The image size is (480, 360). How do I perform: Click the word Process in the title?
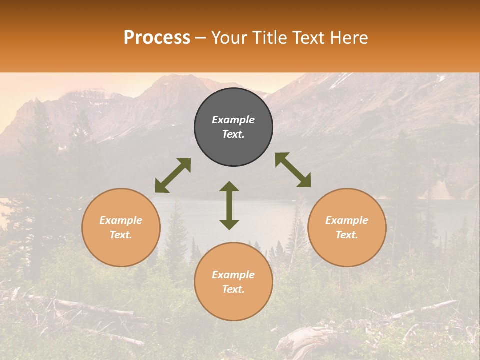click(x=157, y=38)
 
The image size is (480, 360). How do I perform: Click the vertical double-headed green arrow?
click(x=229, y=205)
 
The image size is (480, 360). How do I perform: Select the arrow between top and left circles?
click(x=173, y=175)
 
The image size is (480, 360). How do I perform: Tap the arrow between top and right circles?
click(x=293, y=170)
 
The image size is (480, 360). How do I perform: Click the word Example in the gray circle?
click(x=233, y=120)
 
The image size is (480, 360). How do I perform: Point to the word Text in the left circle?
click(x=121, y=235)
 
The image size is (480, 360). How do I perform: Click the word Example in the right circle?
click(x=347, y=220)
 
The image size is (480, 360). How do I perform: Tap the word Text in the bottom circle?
click(x=233, y=289)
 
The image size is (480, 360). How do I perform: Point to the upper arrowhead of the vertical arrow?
click(x=229, y=187)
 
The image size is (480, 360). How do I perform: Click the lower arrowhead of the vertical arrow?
click(x=229, y=224)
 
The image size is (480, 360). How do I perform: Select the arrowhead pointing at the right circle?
click(x=304, y=181)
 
